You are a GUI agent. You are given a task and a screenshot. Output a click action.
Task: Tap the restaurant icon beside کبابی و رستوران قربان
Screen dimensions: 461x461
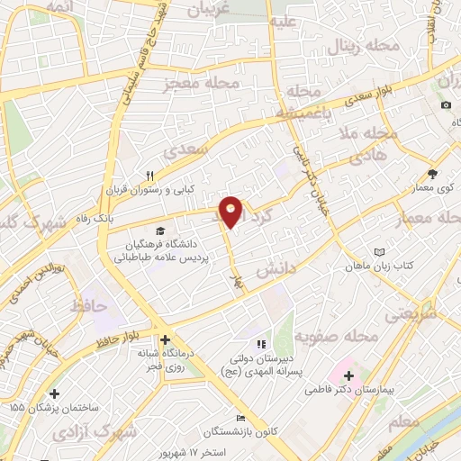(x=150, y=176)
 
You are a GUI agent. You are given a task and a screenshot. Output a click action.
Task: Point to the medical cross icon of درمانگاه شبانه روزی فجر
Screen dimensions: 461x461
(x=165, y=340)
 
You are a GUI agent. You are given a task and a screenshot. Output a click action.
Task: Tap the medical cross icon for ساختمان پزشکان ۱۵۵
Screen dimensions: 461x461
(x=56, y=393)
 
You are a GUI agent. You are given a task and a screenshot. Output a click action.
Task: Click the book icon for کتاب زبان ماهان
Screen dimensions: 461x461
(x=379, y=252)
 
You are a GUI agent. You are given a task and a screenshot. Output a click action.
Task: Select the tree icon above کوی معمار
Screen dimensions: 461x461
(x=432, y=174)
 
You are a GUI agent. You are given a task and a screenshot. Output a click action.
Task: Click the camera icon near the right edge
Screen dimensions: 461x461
(x=446, y=105)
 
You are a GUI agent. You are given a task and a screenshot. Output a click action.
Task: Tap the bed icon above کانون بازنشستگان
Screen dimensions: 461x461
(x=240, y=418)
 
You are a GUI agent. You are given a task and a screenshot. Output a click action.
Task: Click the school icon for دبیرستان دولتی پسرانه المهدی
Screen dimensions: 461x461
(x=260, y=343)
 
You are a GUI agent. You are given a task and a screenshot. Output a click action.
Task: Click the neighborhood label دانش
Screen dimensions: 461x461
(x=277, y=269)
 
